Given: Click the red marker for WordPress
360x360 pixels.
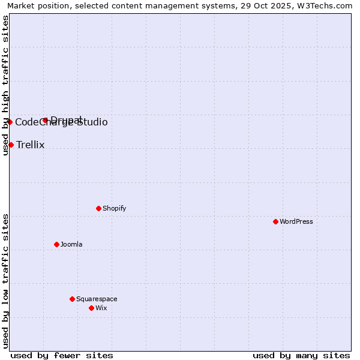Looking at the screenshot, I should pos(275,221).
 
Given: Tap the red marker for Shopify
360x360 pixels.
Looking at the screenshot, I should pos(98,208).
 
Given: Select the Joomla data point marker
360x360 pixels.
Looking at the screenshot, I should pos(56,244).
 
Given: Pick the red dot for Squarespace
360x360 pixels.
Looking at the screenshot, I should pos(72,299).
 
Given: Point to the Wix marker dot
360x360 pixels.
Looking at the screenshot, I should pos(91,308).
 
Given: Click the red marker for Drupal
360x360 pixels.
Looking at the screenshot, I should pos(45,120).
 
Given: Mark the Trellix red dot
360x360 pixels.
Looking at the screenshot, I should pos(11,145).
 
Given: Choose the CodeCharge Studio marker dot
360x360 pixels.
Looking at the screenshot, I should pos(10,122).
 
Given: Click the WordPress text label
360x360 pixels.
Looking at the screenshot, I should pos(296,221).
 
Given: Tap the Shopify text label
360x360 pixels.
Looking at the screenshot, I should pos(115,208).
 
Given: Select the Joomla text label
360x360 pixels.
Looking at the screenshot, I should pos(71,244).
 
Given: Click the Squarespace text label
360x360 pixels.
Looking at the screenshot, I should pos(97,299).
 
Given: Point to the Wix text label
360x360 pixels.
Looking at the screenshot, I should pos(101,308).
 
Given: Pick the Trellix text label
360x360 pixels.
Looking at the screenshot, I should pos(31,145).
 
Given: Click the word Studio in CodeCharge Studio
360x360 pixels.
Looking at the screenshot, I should pos(92,122).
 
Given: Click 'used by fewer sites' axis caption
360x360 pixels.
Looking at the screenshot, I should pos(62,355).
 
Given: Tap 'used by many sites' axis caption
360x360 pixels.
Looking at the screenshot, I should pos(301,355).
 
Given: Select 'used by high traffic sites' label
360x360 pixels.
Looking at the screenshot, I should pos(5,86).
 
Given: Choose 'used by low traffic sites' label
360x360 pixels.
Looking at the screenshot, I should pos(5,281).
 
